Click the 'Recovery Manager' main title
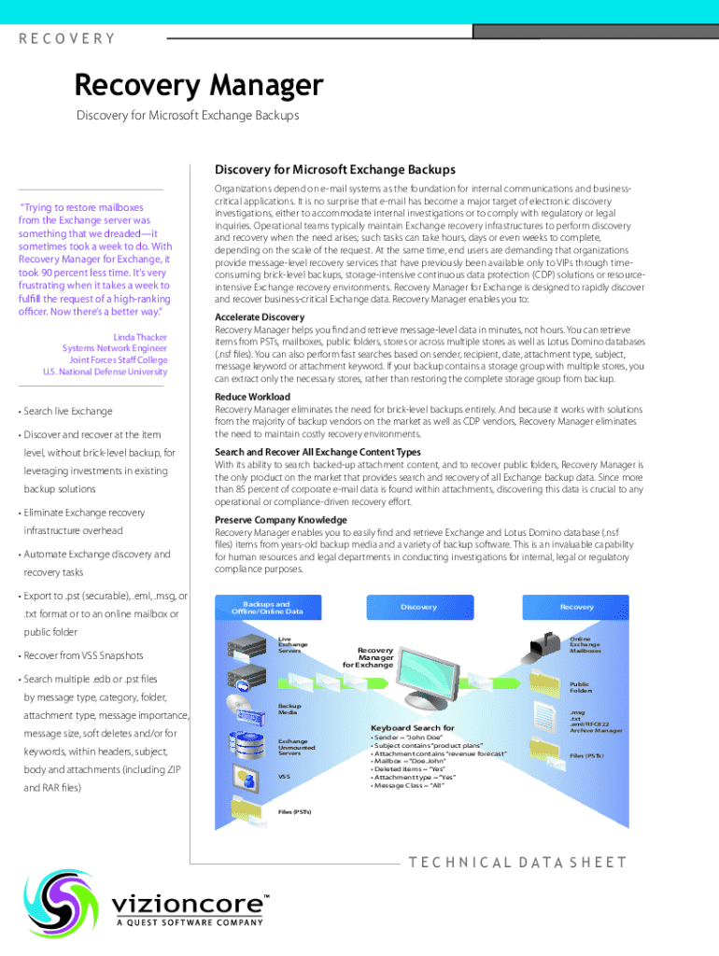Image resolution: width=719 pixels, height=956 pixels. point(199,86)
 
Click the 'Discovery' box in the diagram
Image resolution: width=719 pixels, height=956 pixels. point(418,607)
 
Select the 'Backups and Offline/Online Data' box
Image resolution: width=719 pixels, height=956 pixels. point(268,608)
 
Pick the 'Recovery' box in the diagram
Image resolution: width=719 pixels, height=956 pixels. point(576,607)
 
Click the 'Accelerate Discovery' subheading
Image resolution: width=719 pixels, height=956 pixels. point(260,317)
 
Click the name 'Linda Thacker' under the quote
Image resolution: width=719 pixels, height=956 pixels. point(140,335)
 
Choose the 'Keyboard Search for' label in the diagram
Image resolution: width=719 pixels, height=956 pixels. point(412,727)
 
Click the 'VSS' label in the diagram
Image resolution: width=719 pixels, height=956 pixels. point(285,776)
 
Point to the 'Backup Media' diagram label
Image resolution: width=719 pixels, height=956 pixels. point(289,709)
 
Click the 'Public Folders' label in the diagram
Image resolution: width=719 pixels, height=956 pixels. point(581,687)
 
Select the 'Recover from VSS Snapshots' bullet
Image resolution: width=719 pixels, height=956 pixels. point(83,654)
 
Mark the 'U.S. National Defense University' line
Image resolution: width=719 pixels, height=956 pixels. point(105,372)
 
